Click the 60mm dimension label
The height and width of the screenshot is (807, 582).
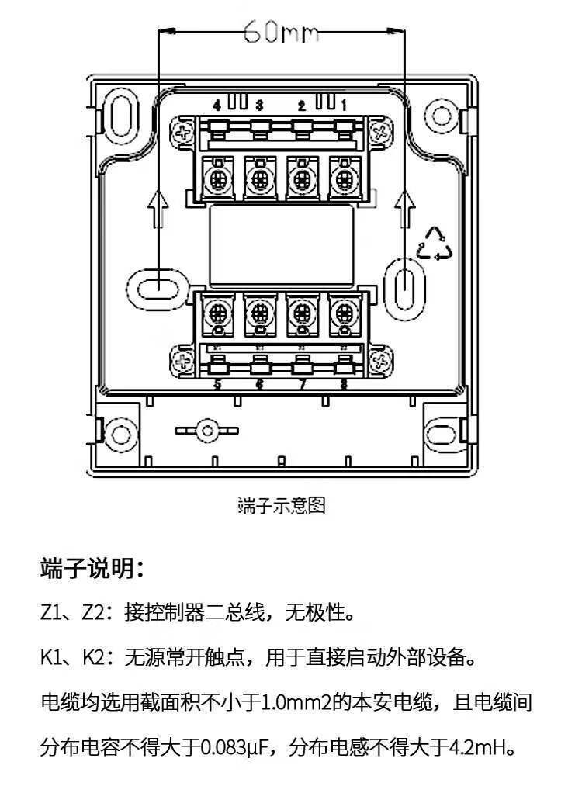(x=281, y=33)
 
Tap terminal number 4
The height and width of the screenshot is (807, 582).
(x=217, y=105)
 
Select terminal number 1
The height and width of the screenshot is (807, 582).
(x=344, y=105)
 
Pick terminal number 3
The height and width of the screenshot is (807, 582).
(x=259, y=105)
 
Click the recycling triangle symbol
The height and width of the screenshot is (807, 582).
(x=435, y=244)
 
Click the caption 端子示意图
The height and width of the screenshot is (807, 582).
(x=281, y=506)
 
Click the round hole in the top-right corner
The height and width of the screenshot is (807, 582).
(x=441, y=116)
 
